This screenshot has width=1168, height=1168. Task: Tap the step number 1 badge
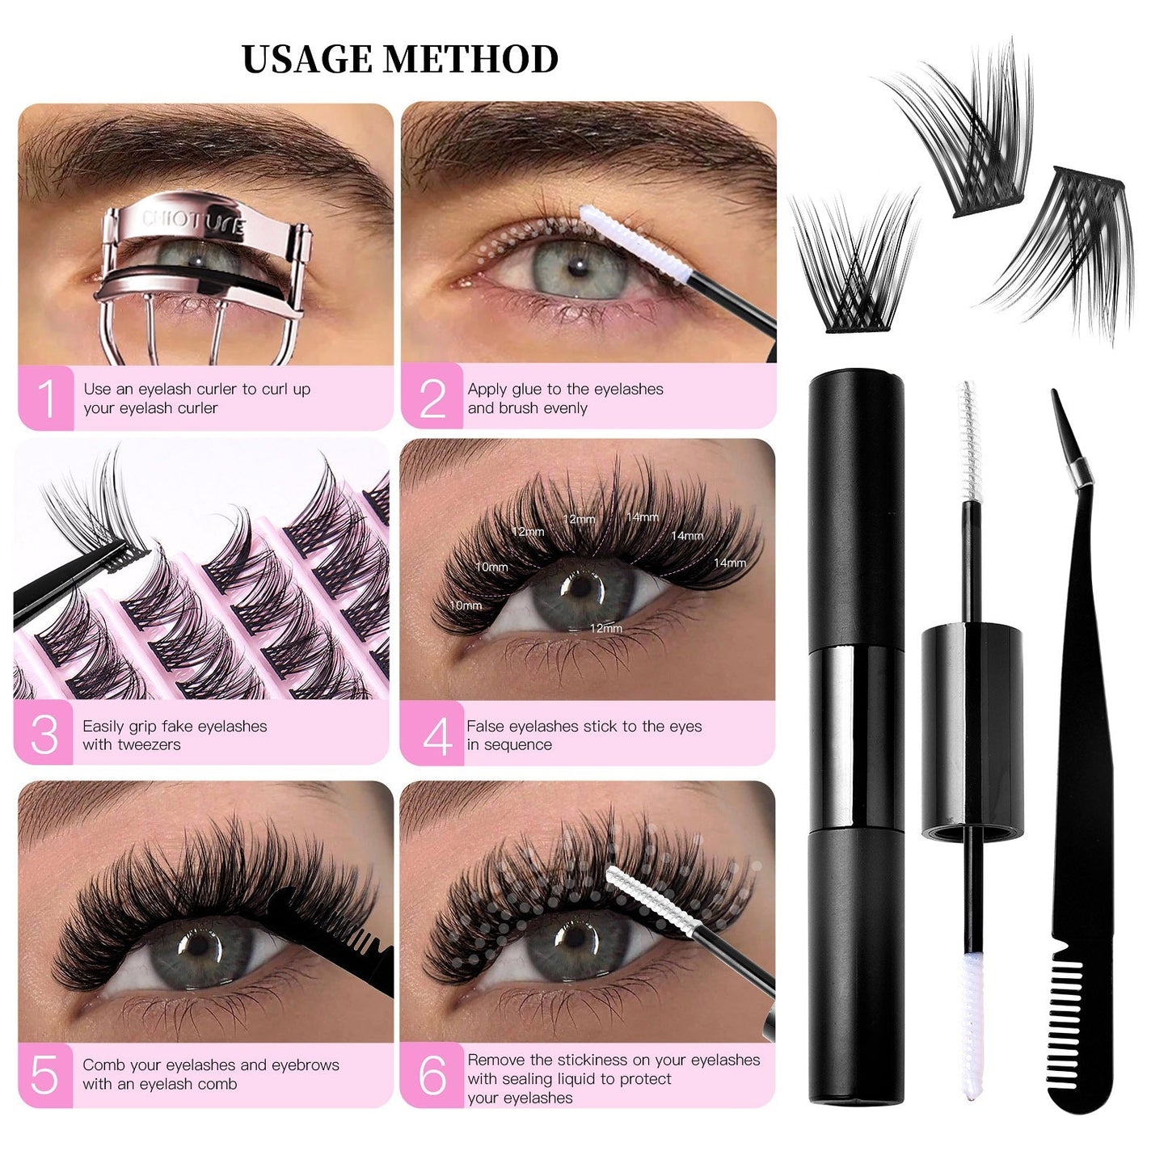(x=46, y=398)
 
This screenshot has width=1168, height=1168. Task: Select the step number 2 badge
(x=432, y=398)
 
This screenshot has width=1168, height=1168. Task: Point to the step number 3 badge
(x=44, y=734)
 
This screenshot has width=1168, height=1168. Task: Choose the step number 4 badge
(x=436, y=736)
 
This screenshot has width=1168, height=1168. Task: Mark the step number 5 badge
(x=44, y=1075)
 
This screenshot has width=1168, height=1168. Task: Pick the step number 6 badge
(x=432, y=1075)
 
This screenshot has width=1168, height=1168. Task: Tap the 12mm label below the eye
(x=605, y=628)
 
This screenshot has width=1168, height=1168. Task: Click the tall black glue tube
(x=856, y=736)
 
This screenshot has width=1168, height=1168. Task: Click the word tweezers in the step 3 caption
(x=148, y=744)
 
